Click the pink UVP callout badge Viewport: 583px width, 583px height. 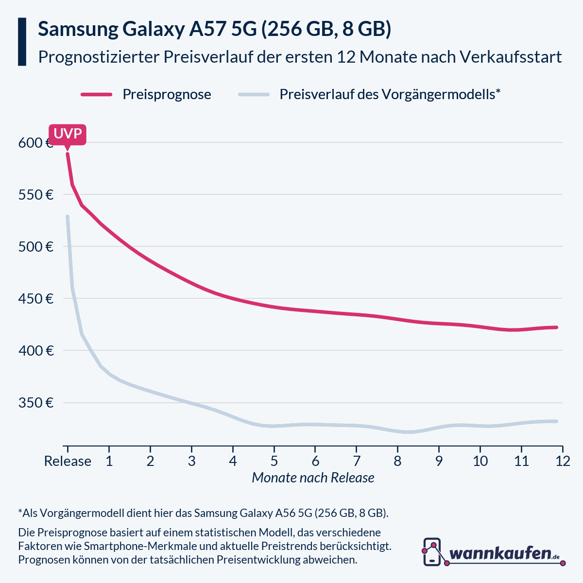pos(68,134)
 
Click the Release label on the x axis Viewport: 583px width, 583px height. pos(68,461)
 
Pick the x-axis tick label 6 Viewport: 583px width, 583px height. pos(315,461)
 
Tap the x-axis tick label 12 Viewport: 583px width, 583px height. pos(563,461)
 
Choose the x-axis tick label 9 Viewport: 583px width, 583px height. pos(439,461)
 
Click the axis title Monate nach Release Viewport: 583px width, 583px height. pos(313,478)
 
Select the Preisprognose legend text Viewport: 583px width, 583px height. pos(167,94)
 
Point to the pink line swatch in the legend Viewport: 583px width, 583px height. pos(96,94)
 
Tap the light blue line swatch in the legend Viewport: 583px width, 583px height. pos(254,94)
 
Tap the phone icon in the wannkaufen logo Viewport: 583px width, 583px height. pos(432,551)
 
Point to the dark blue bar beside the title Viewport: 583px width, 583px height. pos(22,42)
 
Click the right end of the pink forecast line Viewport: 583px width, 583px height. pos(556,327)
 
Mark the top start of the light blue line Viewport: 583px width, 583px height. pos(68,217)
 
